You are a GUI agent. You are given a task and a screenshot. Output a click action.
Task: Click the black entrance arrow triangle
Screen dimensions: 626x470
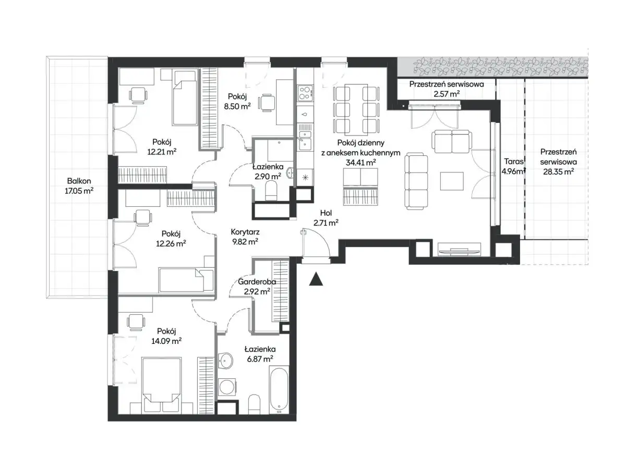click(316, 279)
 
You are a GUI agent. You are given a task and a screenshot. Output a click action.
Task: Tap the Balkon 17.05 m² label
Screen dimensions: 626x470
click(79, 185)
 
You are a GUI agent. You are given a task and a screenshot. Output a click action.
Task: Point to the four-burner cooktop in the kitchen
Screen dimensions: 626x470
click(305, 93)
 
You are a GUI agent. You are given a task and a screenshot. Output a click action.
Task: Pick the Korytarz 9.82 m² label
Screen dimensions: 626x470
click(245, 237)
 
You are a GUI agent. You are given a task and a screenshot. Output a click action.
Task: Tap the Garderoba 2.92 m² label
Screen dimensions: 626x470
click(257, 287)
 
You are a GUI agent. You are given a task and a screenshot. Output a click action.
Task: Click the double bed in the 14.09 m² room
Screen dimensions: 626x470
click(161, 384)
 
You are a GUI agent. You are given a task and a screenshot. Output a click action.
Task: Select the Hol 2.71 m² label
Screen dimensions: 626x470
click(326, 217)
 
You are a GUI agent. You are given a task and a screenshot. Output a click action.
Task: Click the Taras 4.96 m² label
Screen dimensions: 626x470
click(513, 166)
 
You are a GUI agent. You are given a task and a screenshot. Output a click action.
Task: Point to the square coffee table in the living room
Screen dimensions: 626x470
click(451, 181)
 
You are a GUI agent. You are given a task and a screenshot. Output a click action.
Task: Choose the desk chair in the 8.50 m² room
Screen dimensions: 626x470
click(267, 103)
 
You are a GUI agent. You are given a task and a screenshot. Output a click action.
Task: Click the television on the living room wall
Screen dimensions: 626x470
click(459, 249)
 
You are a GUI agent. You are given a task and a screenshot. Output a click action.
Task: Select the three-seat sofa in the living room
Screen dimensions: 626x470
click(416, 181)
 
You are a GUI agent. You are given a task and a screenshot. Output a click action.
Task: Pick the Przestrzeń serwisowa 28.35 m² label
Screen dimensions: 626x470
click(558, 162)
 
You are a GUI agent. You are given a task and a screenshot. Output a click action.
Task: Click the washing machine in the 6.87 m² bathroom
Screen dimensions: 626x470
click(227, 387)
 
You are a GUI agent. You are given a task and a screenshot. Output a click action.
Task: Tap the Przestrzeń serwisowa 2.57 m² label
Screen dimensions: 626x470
click(447, 89)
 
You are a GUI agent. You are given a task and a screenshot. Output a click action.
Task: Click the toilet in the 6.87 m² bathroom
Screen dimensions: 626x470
click(254, 404)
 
